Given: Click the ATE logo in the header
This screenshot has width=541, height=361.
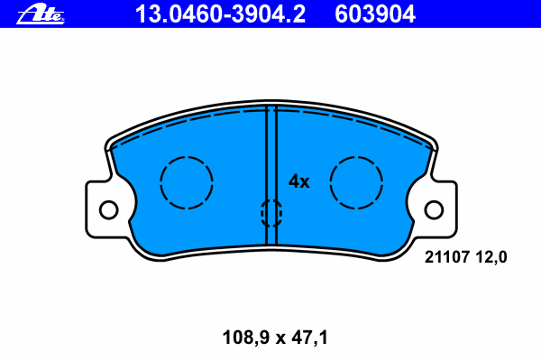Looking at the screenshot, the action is click(x=41, y=14).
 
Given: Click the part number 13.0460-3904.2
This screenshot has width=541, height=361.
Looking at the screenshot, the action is click(x=220, y=14).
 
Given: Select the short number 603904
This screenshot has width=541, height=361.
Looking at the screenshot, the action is click(x=375, y=14).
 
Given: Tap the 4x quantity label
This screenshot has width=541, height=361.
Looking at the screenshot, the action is click(x=299, y=181).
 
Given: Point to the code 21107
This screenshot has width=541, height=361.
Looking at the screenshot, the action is click(x=447, y=257).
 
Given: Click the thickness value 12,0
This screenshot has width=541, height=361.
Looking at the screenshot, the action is click(x=491, y=257).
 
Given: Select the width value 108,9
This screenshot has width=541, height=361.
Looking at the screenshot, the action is click(x=245, y=338).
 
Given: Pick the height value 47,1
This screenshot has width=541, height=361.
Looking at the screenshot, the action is click(x=309, y=338).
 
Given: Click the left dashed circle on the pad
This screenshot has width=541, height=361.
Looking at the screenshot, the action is click(x=160, y=182).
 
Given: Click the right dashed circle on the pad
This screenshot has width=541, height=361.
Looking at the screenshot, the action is click(x=330, y=182).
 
